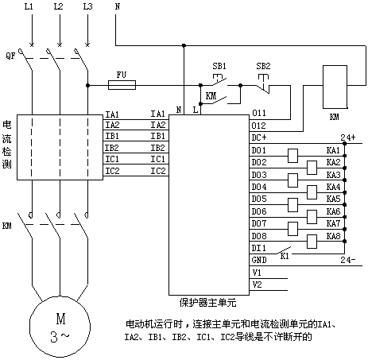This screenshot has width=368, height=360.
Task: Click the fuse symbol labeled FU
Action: coord(122,85)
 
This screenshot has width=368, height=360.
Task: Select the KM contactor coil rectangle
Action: coord(335,87)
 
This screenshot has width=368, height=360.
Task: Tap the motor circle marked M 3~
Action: coord(60,327)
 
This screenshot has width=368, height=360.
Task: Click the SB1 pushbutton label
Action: coord(219,66)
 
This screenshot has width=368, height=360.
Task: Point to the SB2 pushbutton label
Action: coord(263,66)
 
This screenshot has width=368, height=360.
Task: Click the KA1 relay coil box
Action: coord(292,156)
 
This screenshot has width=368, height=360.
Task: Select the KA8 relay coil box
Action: coord(312,242)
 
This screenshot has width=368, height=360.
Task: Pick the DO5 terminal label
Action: coord(259,199)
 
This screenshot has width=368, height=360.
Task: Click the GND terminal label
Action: coord(259,260)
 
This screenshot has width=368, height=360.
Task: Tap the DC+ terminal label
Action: coord(259,137)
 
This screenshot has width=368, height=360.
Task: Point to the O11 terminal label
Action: coord(258,113)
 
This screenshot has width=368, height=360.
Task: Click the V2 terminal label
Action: coord(257,285)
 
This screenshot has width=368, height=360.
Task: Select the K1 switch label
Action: coord(285,256)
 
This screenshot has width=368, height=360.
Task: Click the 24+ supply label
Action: coord(348,137)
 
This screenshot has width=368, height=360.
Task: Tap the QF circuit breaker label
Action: coord(10,56)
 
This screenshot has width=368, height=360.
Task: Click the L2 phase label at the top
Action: coord(58,6)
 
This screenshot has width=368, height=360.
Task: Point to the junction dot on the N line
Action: coord(184,45)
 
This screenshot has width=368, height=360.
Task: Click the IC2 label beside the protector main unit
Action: coord(158,171)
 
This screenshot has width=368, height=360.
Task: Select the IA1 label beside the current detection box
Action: coord(112,114)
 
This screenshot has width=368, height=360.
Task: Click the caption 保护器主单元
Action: coord(207,302)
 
